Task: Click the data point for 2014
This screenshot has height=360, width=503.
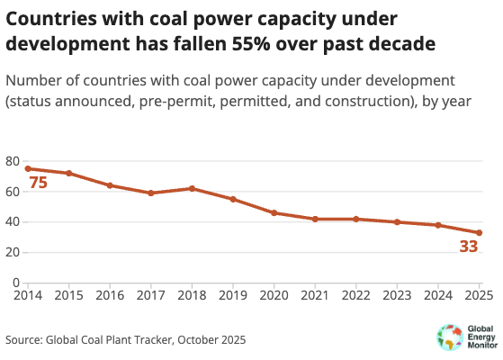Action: click(28, 169)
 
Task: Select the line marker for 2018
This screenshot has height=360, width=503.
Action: click(192, 188)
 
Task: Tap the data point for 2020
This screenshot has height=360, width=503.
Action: click(274, 212)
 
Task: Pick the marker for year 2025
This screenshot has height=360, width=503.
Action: click(479, 232)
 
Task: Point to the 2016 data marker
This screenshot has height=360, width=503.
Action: click(110, 185)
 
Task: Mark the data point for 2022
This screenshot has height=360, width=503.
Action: click(356, 219)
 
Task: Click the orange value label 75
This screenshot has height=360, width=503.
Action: click(38, 183)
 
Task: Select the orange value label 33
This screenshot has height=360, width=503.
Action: click(469, 247)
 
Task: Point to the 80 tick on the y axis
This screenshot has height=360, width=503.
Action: click(13, 161)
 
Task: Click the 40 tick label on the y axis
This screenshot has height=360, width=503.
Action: click(13, 222)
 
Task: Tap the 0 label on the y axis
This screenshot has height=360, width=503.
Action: click(16, 283)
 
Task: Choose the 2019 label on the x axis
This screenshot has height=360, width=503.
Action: click(233, 295)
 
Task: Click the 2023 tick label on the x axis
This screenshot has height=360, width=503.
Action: click(397, 295)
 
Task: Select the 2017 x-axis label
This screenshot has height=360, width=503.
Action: click(151, 295)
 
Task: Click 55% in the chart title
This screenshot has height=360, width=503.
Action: click(251, 43)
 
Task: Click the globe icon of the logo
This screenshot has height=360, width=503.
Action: click(450, 337)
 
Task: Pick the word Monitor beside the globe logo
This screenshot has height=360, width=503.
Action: click(482, 346)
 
